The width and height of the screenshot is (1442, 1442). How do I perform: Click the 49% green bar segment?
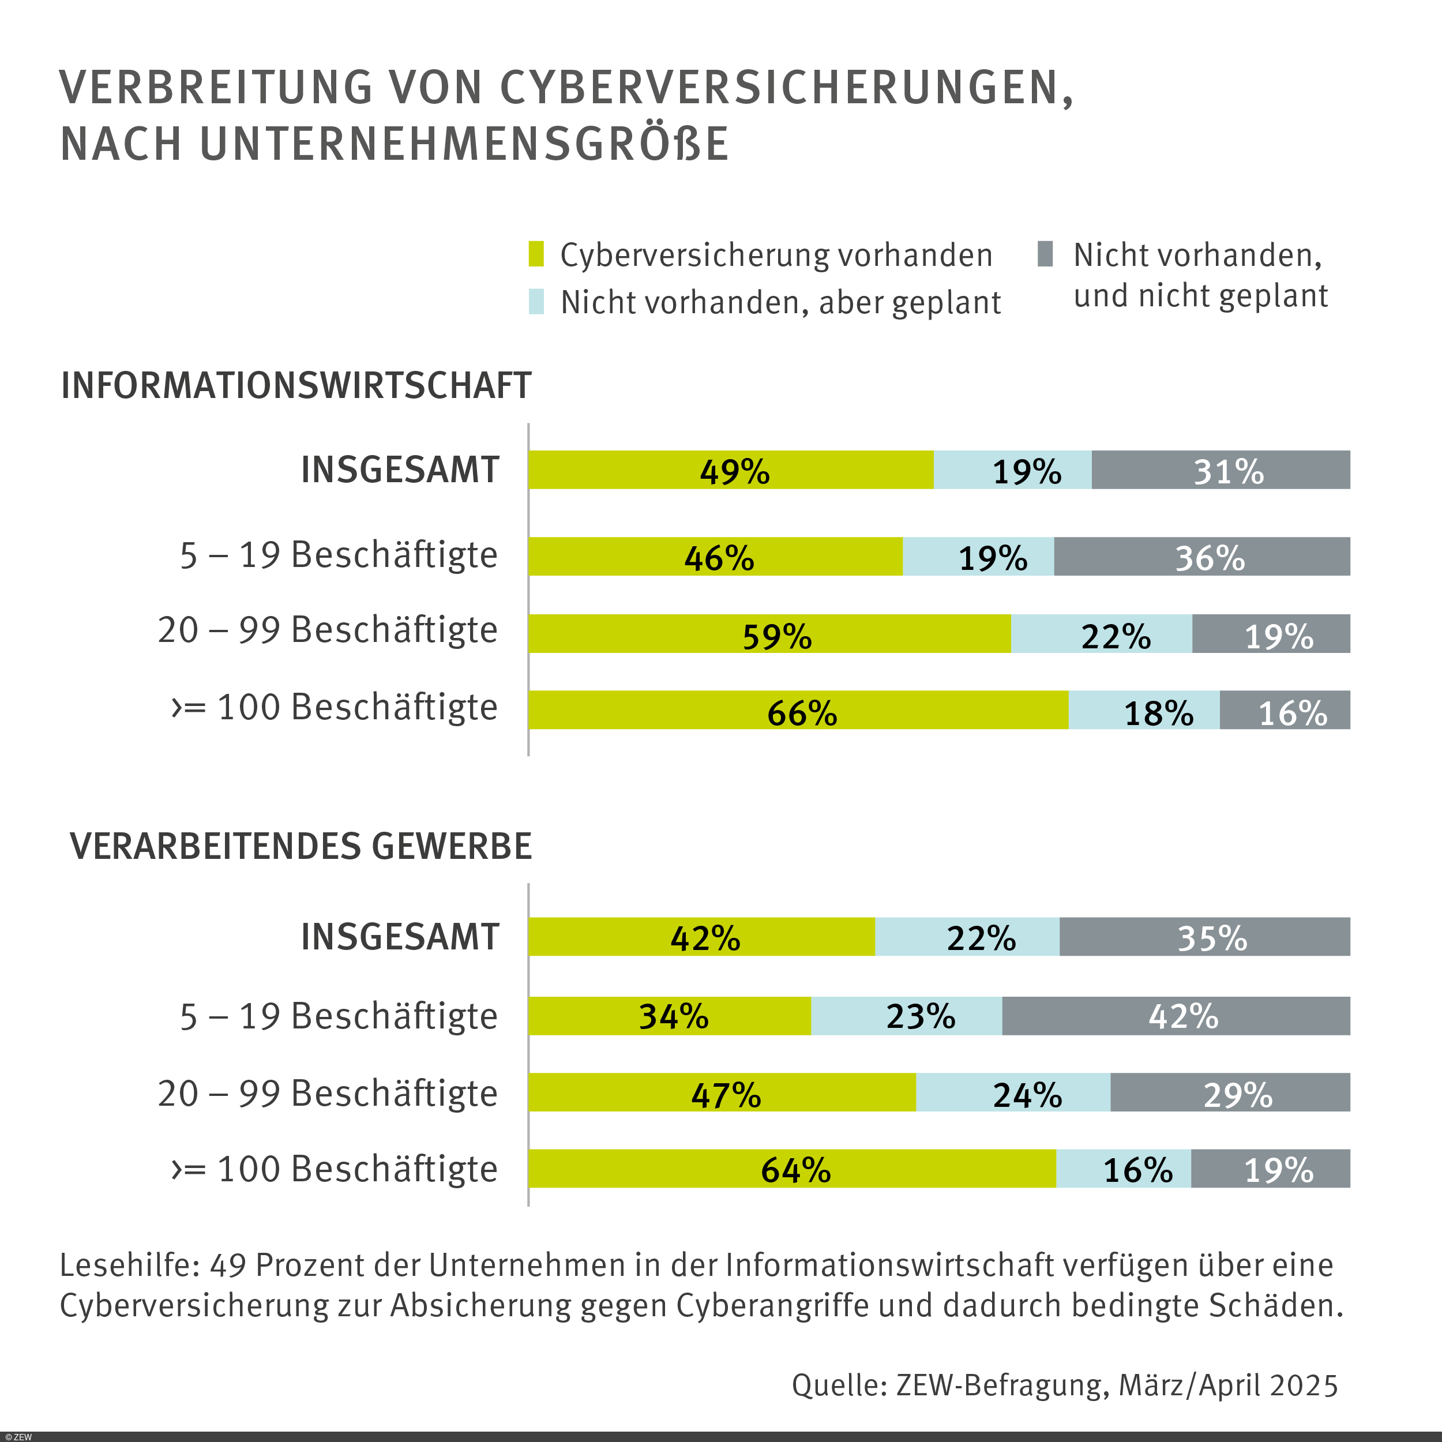tap(731, 470)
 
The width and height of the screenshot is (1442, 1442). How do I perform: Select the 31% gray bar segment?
tap(1221, 470)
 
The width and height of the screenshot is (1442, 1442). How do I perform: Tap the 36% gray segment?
tap(1201, 557)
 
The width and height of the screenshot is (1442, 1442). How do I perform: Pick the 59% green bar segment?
tap(769, 634)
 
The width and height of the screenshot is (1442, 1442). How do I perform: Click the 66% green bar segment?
tap(798, 710)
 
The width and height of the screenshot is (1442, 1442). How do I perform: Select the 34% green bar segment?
tap(670, 1016)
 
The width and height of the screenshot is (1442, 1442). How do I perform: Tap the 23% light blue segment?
tap(906, 1016)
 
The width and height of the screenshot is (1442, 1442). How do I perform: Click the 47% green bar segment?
tap(722, 1092)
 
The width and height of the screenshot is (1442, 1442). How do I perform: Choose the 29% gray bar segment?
tap(1230, 1092)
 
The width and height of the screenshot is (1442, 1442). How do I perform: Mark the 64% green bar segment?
tap(792, 1169)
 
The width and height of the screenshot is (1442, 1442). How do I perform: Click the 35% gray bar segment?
tap(1205, 937)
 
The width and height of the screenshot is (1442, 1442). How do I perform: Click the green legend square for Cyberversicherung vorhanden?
tap(536, 254)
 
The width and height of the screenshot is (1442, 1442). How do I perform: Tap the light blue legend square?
tap(536, 302)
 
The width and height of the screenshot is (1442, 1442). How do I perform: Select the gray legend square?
tap(1045, 254)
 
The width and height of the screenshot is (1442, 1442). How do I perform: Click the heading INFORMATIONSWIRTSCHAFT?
tap(296, 386)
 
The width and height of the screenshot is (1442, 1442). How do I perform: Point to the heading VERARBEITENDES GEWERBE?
tap(301, 846)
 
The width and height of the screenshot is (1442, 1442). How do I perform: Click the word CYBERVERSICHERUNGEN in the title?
tap(786, 88)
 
